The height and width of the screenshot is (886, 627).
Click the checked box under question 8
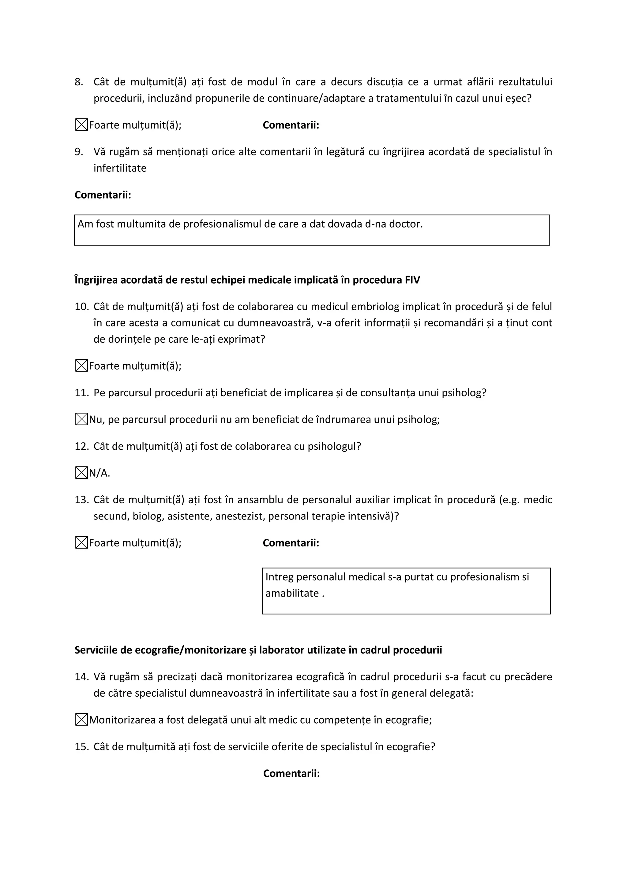click(81, 125)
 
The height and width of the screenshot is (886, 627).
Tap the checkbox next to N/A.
click(81, 473)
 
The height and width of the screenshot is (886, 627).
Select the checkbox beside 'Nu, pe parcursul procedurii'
click(81, 419)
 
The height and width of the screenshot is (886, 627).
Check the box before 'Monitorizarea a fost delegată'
click(81, 720)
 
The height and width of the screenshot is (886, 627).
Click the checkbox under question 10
click(81, 366)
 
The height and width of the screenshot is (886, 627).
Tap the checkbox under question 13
click(81, 543)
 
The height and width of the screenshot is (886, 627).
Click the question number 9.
click(79, 152)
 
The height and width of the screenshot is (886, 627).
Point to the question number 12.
click(81, 446)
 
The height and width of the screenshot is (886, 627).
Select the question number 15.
click(81, 747)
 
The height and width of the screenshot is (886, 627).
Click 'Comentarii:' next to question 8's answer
click(291, 125)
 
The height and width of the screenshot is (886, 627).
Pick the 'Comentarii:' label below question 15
click(291, 774)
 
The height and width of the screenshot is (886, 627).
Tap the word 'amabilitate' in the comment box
click(292, 593)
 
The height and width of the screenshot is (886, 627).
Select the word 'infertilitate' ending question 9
click(120, 168)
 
